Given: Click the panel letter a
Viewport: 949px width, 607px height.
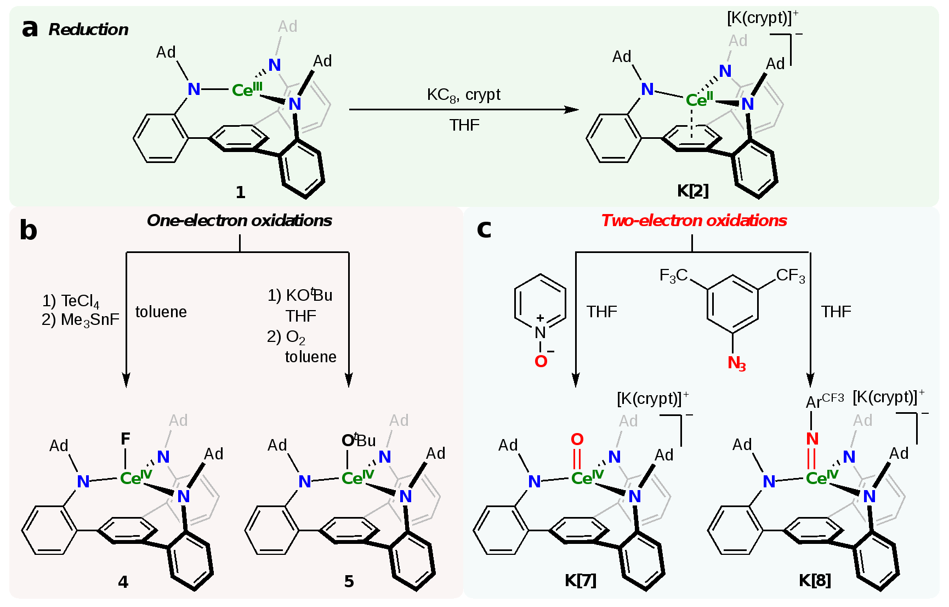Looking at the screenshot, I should (x=30, y=29).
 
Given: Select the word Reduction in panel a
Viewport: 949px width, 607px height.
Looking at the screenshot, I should (x=88, y=30).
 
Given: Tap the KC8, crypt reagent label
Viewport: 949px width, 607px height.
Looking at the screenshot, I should (x=463, y=95).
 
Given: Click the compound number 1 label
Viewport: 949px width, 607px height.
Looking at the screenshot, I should (x=240, y=192).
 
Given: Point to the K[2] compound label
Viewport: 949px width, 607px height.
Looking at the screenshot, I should (x=693, y=190).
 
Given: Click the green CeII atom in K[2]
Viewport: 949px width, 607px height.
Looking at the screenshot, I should (x=699, y=100).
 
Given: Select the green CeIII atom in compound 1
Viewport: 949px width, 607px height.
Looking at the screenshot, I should (x=247, y=89).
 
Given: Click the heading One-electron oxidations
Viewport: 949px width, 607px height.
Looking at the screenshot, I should (x=240, y=221).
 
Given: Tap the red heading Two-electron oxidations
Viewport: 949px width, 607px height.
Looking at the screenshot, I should (x=694, y=221).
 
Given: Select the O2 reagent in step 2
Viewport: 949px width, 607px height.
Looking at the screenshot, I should (x=295, y=337).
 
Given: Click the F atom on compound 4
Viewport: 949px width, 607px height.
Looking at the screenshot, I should (x=126, y=439).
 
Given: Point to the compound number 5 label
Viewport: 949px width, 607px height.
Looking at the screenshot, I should (x=349, y=581).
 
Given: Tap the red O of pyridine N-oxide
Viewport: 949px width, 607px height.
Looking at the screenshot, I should (x=541, y=361).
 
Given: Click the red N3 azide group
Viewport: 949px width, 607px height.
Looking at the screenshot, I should (x=736, y=363).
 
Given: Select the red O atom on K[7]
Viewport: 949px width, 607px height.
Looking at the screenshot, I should (x=577, y=440).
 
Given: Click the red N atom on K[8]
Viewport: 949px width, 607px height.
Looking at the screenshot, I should (x=812, y=439).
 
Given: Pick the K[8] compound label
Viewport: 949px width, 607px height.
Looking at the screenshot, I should (x=815, y=580).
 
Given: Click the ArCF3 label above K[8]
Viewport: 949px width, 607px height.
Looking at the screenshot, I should (x=824, y=401).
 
